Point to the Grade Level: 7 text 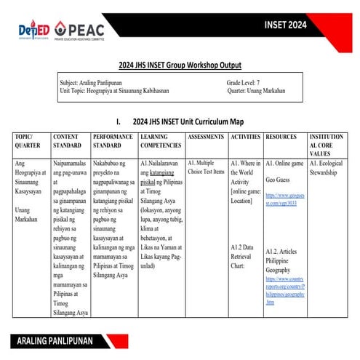(x=247, y=84)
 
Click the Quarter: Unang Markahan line (x=255, y=92)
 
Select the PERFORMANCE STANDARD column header (x=113, y=141)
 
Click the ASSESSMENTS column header (x=205, y=137)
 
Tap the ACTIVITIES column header (x=245, y=137)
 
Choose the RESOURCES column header (x=281, y=137)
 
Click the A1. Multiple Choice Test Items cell (x=206, y=168)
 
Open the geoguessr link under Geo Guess (x=283, y=200)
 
